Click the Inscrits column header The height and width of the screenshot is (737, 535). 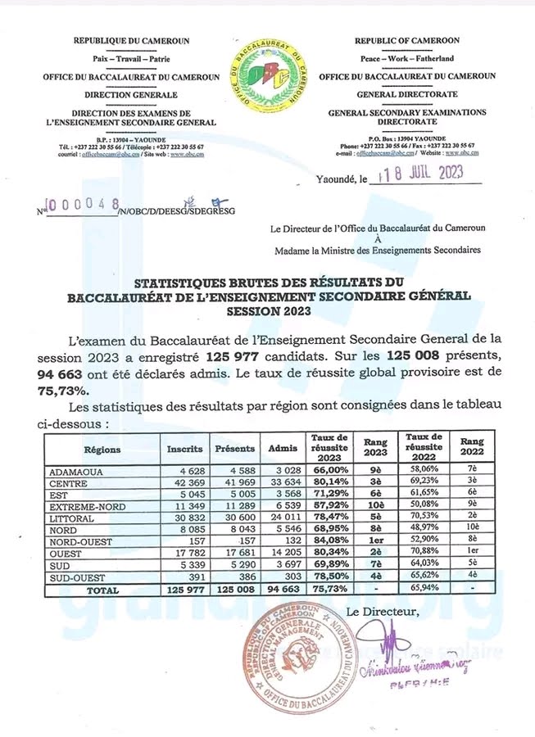tap(184, 450)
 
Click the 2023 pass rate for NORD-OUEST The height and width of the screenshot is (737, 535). tap(331, 541)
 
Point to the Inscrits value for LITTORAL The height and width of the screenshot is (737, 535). tap(184, 518)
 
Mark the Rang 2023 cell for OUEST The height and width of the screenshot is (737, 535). tap(374, 554)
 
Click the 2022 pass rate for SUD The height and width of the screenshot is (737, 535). tap(424, 565)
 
